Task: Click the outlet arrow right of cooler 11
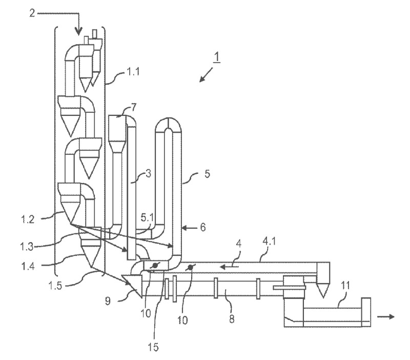pos(387,316)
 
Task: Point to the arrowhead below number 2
pos(79,32)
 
